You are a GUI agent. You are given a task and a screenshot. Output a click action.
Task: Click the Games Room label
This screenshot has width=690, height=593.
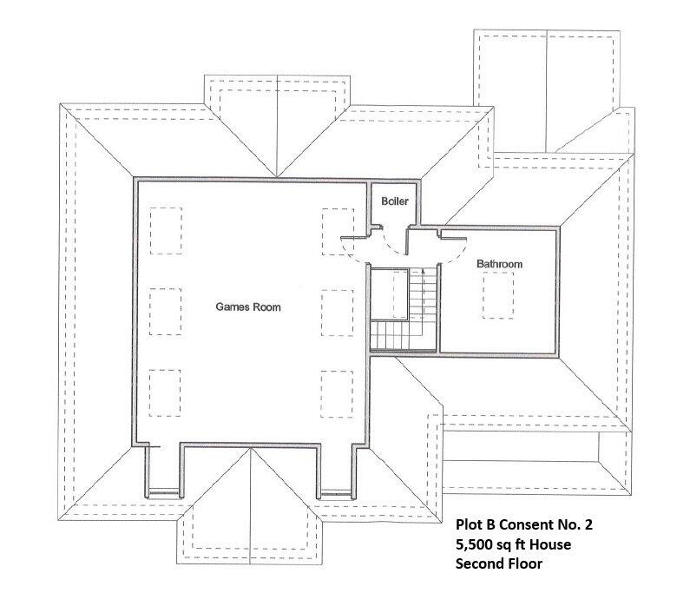(x=248, y=307)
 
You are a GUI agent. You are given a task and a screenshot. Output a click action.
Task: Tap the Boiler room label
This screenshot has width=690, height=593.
(x=395, y=201)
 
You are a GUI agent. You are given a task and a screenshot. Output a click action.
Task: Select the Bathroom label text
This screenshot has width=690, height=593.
(x=498, y=264)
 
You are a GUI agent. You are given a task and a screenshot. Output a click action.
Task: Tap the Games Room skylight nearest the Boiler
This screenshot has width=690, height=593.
(x=338, y=232)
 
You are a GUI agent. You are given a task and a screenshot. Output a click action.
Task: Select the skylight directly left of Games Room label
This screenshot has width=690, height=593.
(x=165, y=310)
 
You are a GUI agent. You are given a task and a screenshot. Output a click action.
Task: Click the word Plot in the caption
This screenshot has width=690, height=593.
(x=470, y=524)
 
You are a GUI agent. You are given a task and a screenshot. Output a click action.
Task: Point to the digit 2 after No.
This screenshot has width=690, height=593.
(x=591, y=524)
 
